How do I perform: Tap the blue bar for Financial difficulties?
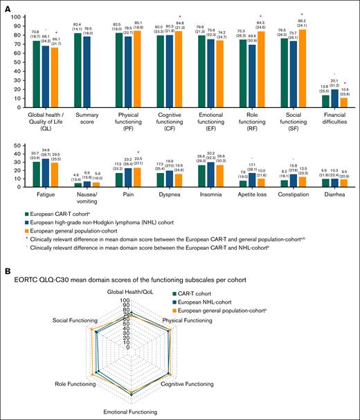point(335,100)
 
